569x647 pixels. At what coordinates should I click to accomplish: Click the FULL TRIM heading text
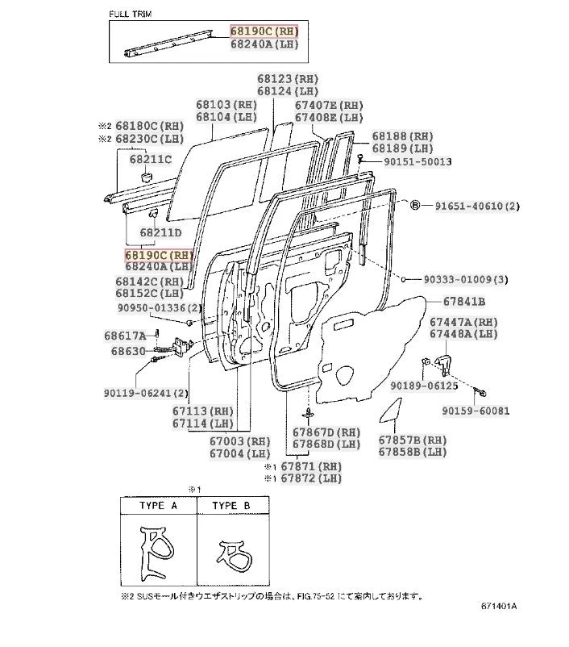pos(132,15)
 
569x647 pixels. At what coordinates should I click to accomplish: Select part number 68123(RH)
pos(288,79)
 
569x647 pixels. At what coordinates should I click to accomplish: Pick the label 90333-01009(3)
pos(467,280)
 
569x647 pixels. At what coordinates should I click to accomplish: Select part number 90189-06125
pos(424,386)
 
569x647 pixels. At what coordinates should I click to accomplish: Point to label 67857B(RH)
pos(413,440)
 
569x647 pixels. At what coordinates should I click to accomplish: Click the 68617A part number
pos(125,336)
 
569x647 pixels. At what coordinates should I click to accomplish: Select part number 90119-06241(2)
pos(145,394)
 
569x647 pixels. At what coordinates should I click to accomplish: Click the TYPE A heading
pos(158,506)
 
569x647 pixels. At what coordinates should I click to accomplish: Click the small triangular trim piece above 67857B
pos(391,412)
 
